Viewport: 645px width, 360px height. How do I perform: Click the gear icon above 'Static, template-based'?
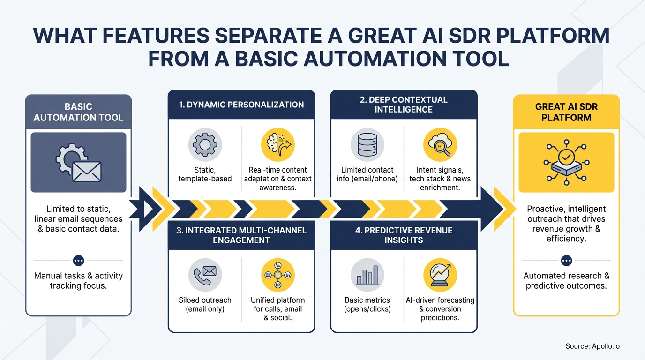pos(205,145)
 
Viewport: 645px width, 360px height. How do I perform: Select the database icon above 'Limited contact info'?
pos(367,145)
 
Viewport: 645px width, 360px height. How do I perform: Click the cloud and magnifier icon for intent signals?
pos(439,145)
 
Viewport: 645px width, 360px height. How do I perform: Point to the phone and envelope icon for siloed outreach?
pos(205,275)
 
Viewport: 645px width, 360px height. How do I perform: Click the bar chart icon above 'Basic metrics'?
pos(367,275)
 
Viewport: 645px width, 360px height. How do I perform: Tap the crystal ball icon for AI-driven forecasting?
pos(439,275)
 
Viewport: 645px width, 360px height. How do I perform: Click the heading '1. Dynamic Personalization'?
pos(241,105)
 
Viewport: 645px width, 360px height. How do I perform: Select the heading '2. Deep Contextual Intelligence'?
pos(404,105)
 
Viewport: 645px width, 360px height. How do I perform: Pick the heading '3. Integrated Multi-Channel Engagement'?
pos(241,235)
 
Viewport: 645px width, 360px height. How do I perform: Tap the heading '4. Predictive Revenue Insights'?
pos(404,235)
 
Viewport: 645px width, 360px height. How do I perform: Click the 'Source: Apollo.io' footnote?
pos(592,346)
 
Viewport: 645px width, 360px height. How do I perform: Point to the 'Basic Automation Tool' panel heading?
pos(78,112)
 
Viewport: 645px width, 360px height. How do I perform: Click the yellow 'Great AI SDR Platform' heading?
pos(566,112)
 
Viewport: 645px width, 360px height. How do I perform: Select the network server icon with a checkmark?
pos(566,162)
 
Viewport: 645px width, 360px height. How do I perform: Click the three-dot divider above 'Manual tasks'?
pos(78,260)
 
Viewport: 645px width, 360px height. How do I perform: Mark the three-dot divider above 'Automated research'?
pos(566,260)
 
